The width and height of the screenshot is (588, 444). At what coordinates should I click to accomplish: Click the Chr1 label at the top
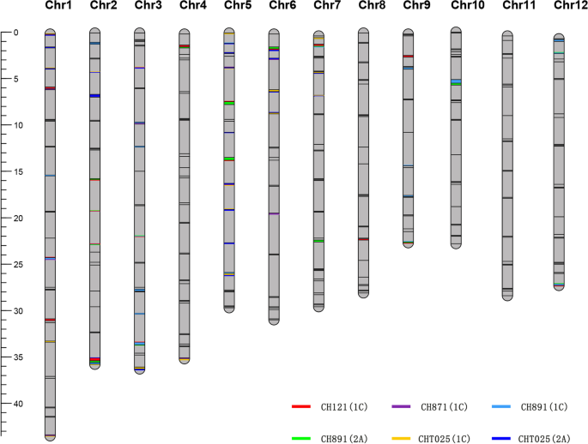57,6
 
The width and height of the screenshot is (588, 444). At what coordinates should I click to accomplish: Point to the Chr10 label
467,6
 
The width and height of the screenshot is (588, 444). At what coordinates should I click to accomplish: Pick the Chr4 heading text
192,6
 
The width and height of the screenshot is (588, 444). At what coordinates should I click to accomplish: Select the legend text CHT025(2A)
544,438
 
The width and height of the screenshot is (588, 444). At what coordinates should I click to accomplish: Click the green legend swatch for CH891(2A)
300,438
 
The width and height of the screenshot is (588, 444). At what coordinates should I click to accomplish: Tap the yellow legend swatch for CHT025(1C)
401,438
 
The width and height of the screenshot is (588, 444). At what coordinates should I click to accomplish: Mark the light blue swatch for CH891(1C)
502,407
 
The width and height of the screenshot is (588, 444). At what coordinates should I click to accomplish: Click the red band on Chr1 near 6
50,88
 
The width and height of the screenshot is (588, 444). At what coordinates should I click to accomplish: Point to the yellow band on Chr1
50,342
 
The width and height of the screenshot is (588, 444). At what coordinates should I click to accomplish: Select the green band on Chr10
456,84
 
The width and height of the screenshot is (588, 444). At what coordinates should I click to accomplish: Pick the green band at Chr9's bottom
409,243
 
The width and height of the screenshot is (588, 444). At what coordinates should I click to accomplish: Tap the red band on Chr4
185,46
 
